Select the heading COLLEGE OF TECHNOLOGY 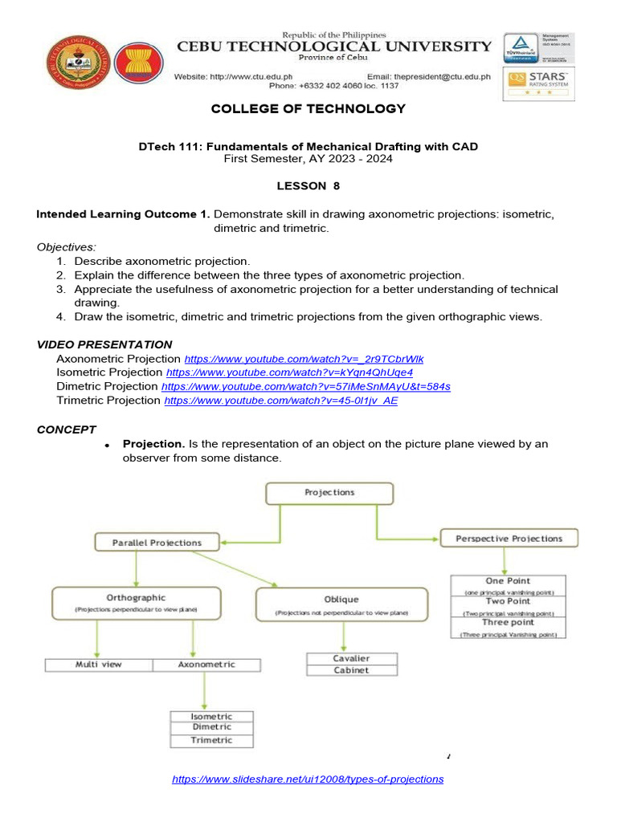(308, 109)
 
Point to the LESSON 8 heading (308, 185)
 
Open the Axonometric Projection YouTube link (304, 359)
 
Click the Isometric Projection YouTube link (289, 372)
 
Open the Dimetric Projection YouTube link (306, 386)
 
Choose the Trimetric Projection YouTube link (280, 401)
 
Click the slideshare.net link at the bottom (308, 779)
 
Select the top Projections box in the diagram (329, 493)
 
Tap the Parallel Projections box (157, 543)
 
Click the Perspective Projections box (509, 539)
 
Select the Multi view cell (98, 665)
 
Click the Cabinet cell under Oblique (351, 670)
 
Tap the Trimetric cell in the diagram (211, 740)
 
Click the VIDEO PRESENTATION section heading (104, 344)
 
